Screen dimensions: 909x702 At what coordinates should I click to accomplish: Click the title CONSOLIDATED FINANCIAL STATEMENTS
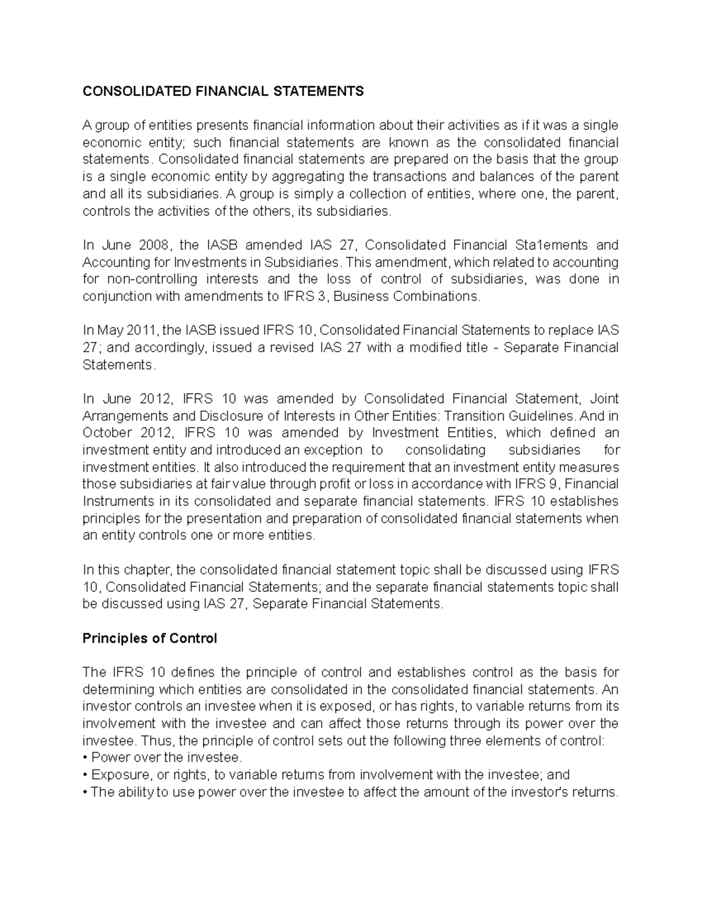pos(223,91)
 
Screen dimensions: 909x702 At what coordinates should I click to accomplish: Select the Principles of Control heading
pos(150,639)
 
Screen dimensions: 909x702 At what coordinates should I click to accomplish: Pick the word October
pos(108,433)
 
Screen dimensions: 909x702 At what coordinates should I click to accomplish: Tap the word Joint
pos(604,399)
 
